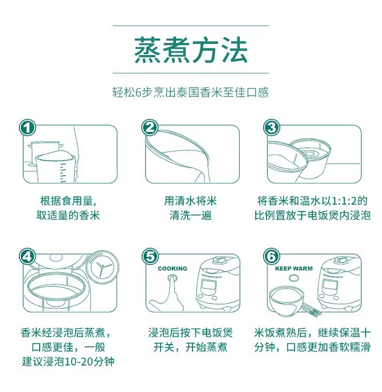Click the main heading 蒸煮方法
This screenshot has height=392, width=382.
coord(191,50)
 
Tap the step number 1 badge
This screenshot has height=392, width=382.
coord(28,127)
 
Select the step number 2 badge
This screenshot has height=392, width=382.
coord(150,127)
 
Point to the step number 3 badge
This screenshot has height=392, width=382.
coord(271,127)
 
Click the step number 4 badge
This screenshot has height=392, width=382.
coord(28,256)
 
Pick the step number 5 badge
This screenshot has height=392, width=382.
coord(150,256)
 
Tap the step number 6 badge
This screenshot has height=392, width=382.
coord(271,256)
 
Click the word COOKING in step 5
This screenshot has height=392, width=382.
coord(173,268)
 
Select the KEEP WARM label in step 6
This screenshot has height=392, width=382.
coord(294,268)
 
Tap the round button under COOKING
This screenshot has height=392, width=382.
coord(172,277)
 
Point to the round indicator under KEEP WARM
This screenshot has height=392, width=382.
coord(294,278)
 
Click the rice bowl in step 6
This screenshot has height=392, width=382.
coord(287,301)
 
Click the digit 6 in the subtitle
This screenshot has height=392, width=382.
coord(138,93)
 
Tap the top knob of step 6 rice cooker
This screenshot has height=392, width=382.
coord(340,260)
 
